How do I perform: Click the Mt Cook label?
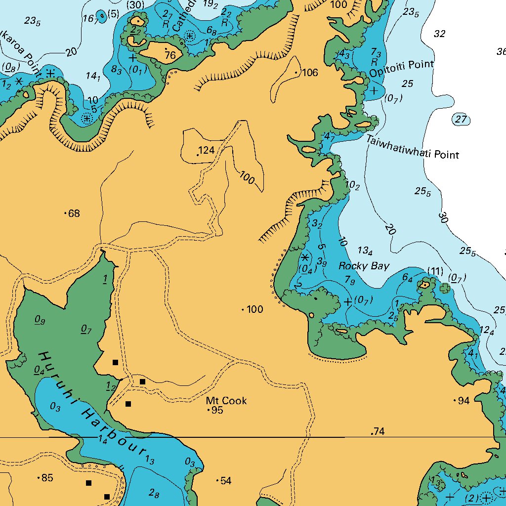pos(226,400)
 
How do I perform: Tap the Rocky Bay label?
pos(364,266)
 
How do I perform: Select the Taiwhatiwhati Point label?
pos(412,148)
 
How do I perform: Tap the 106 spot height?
pos(310,73)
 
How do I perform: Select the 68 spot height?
pos(74,213)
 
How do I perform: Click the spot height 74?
pos(379,432)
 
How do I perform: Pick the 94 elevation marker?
pos(463,401)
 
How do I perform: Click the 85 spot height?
pos(46,478)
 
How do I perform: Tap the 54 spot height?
pos(225,481)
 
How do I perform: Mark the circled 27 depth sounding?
pos(461,120)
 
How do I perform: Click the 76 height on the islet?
pos(170,56)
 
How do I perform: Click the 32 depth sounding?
pos(439,34)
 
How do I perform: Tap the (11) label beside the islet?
pos(435,271)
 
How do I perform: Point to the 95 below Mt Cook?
pos(217,410)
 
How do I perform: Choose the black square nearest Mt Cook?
pos(142,381)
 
